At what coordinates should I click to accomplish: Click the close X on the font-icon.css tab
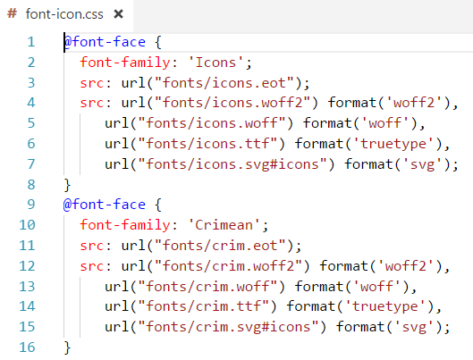pyautogui.click(x=119, y=14)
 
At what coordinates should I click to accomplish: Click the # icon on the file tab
pyautogui.click(x=12, y=13)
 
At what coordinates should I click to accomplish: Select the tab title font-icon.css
pyautogui.click(x=64, y=14)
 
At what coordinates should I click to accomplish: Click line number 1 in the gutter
pyautogui.click(x=31, y=42)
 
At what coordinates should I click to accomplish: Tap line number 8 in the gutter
pyautogui.click(x=31, y=184)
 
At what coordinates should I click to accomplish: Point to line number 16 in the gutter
pyautogui.click(x=27, y=347)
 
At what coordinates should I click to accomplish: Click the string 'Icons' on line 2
pyautogui.click(x=215, y=63)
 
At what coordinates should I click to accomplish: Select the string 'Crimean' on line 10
pyautogui.click(x=224, y=225)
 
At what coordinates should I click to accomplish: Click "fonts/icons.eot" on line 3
pyautogui.click(x=224, y=83)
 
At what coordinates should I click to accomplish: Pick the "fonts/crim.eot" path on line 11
pyautogui.click(x=220, y=246)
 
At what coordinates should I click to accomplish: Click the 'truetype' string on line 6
pyautogui.click(x=393, y=144)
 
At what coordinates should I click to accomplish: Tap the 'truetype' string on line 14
pyautogui.click(x=384, y=306)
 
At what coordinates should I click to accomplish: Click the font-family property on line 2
pyautogui.click(x=125, y=63)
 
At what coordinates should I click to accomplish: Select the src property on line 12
pyautogui.click(x=92, y=266)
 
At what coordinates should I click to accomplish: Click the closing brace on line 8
pyautogui.click(x=67, y=185)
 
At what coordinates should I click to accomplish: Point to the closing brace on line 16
pyautogui.click(x=67, y=347)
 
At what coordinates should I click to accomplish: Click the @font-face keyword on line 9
pyautogui.click(x=105, y=205)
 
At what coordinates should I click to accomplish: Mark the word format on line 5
pyautogui.click(x=327, y=123)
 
